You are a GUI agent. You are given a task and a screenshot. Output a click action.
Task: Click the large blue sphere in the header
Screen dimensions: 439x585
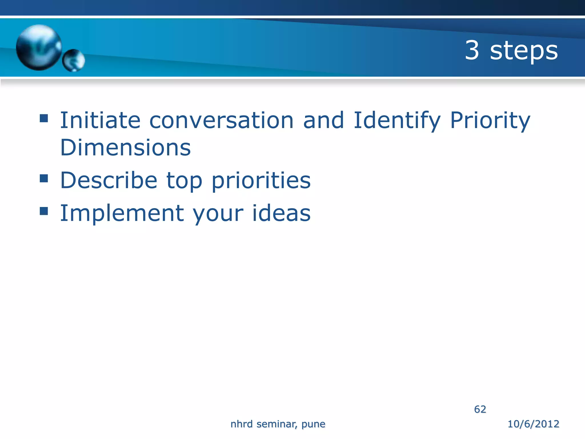pos(39,47)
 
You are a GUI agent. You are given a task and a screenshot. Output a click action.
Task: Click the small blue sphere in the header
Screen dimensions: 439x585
pos(73,60)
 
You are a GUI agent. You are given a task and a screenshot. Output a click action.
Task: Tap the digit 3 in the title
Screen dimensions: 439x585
pos(472,50)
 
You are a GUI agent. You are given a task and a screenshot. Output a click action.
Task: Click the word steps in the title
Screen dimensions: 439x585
pos(524,51)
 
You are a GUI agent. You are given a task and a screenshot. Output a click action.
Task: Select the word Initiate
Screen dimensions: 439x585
pos(100,120)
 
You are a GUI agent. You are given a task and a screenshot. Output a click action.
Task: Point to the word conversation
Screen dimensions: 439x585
pos(221,120)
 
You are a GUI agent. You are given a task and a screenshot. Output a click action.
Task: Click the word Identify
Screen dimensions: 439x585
pos(397,120)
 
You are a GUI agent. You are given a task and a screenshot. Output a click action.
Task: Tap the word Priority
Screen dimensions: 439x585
pos(490,120)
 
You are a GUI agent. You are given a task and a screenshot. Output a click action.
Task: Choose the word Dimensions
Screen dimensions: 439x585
pos(125,147)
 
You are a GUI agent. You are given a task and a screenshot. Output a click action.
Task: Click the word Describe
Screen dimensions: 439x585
pos(109,180)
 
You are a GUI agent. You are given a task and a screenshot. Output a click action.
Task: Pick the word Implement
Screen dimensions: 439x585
pos(122,213)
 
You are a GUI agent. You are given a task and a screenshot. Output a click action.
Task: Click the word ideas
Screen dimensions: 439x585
pos(281,213)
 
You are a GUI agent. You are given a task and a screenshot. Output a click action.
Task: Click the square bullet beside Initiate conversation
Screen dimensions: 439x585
pos(44,118)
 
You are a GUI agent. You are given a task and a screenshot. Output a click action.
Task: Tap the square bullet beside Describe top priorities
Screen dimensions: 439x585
pos(44,178)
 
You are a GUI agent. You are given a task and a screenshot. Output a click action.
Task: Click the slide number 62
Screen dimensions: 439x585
pos(480,409)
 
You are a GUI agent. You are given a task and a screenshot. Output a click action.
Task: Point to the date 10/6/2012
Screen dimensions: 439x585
pos(533,424)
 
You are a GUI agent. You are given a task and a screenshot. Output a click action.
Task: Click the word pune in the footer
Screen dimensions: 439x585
pos(313,424)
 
